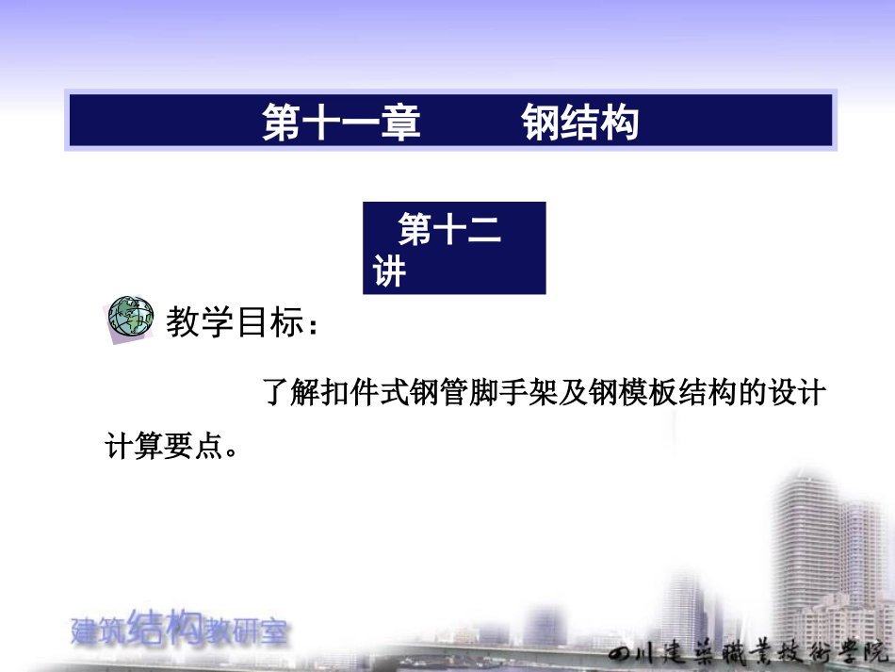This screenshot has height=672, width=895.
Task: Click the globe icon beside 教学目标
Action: [x=130, y=320]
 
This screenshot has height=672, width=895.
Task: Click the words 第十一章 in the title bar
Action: [x=341, y=123]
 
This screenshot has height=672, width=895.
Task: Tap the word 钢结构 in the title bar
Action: [x=580, y=123]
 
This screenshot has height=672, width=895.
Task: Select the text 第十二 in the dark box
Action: [x=450, y=231]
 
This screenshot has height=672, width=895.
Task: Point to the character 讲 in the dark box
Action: [x=389, y=272]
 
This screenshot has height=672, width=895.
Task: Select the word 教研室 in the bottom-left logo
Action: [x=247, y=632]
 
